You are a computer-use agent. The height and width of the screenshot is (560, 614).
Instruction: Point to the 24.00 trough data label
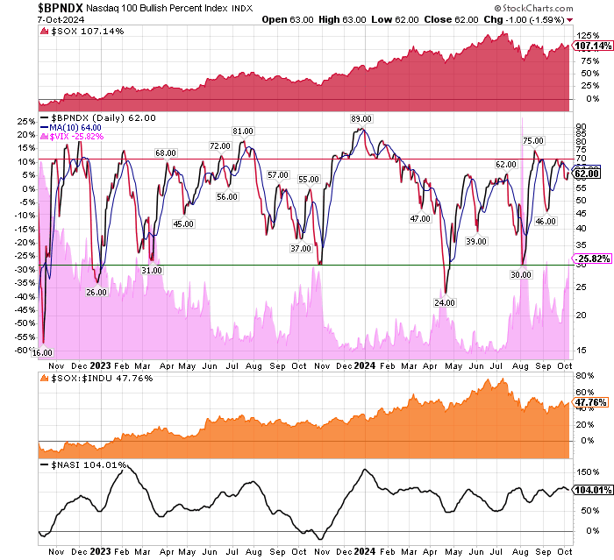pos(445,302)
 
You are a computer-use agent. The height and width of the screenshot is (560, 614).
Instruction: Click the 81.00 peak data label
pos(242,131)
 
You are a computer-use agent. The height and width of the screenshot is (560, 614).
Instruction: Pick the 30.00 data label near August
pos(521,274)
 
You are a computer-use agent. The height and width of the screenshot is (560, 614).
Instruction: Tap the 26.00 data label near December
pos(96,293)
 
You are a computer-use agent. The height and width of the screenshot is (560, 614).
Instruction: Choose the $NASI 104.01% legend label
pos(83,465)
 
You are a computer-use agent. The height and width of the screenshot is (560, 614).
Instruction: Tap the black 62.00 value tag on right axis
pos(586,174)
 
